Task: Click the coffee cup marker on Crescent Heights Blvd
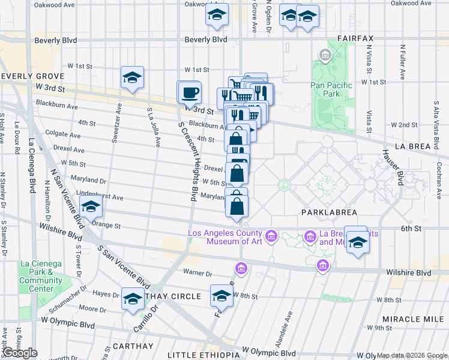[190, 93]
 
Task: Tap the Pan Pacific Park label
[331, 89]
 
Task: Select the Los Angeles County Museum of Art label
[224, 238]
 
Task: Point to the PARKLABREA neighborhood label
[329, 212]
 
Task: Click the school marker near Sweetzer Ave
[132, 78]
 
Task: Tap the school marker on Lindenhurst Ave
[91, 208]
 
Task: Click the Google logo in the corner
[20, 353]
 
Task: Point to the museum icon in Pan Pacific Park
[325, 57]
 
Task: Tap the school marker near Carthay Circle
[133, 299]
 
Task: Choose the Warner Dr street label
[200, 274]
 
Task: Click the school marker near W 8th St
[221, 296]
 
